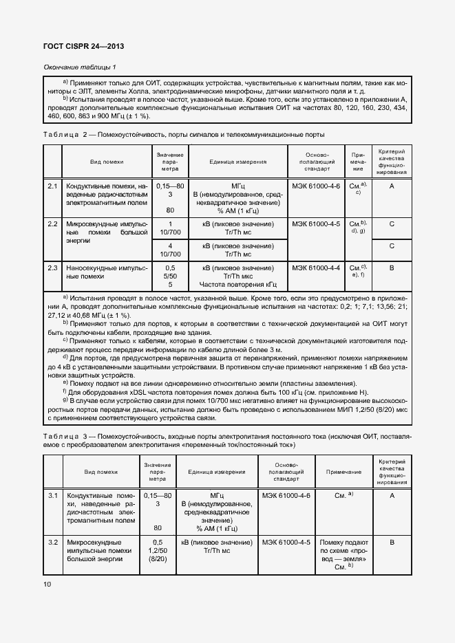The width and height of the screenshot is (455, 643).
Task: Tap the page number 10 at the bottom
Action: click(x=47, y=584)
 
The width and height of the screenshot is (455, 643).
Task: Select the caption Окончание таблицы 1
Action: click(x=80, y=67)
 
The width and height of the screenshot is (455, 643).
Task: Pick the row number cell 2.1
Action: click(x=52, y=186)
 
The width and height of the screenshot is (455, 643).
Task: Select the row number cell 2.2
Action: click(x=52, y=224)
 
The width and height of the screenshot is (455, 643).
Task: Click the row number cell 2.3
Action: click(x=52, y=267)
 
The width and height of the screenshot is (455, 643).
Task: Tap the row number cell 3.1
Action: click(x=52, y=495)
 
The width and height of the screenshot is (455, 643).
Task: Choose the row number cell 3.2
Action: click(x=52, y=543)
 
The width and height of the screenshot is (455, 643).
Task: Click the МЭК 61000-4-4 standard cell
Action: click(x=316, y=267)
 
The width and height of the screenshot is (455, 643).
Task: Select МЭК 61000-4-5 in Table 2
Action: click(x=316, y=224)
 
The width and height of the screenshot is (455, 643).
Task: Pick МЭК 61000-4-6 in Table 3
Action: click(x=286, y=495)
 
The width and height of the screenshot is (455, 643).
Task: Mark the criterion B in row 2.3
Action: click(x=391, y=267)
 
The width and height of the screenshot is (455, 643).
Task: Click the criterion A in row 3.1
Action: click(x=391, y=495)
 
